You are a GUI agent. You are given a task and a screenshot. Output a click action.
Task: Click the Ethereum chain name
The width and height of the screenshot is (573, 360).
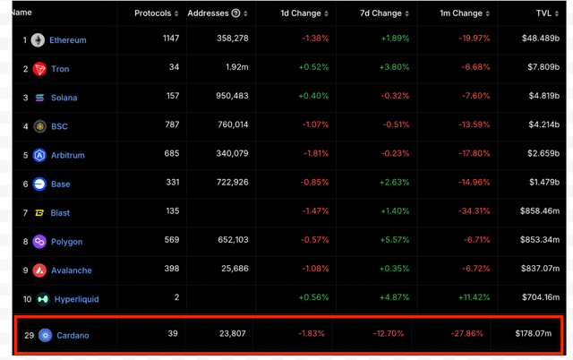[x=68, y=40]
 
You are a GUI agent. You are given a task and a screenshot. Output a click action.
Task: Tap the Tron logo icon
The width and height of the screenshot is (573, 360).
[x=39, y=69]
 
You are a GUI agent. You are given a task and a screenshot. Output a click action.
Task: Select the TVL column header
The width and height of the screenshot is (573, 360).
[x=543, y=13]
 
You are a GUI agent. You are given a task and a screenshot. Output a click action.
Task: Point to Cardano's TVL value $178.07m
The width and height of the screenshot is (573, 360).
[x=533, y=334]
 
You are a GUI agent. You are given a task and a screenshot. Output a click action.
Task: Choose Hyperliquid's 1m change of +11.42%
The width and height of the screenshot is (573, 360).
[x=474, y=298]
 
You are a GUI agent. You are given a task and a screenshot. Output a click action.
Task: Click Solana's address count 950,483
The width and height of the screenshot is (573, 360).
[x=231, y=97]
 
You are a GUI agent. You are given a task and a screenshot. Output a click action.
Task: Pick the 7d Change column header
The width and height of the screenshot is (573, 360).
[x=381, y=13]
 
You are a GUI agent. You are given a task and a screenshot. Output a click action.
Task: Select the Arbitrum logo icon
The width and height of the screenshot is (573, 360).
[x=39, y=155]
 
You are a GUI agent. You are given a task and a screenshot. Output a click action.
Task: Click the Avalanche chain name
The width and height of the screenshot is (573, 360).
[x=71, y=270]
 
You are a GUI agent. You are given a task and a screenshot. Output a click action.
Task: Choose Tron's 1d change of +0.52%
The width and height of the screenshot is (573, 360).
[x=313, y=68]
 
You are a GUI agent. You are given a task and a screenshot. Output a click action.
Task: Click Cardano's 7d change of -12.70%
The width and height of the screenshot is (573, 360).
[x=391, y=334]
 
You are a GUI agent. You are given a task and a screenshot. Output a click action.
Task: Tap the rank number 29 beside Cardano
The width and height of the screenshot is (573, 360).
[x=29, y=336]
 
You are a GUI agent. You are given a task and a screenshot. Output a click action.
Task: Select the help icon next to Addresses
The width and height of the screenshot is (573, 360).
[x=235, y=13]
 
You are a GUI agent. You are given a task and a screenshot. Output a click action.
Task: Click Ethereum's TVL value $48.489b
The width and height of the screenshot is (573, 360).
[x=539, y=39]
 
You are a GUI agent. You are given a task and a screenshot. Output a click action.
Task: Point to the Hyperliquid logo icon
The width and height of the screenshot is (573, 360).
[x=43, y=299]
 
